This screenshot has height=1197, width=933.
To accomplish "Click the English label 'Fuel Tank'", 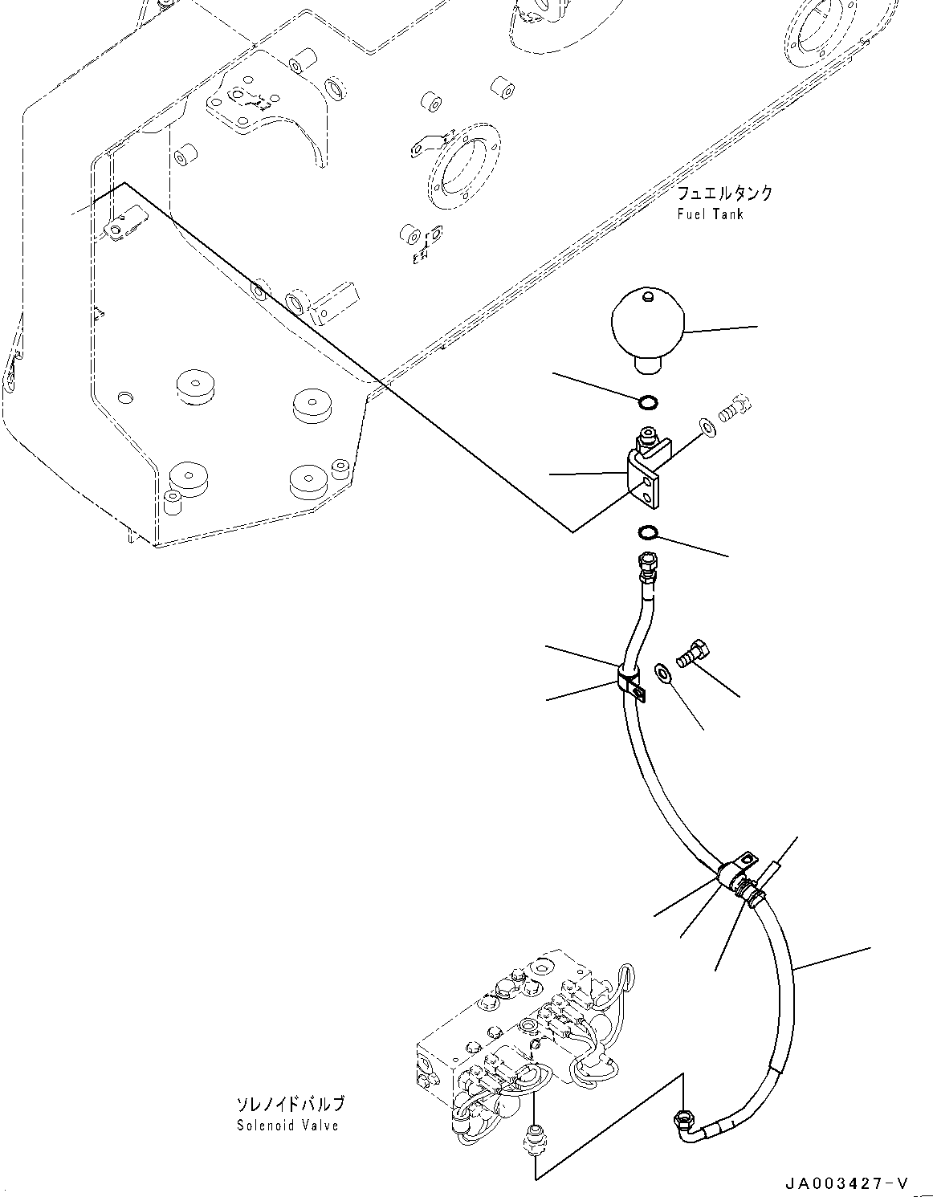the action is point(710,214).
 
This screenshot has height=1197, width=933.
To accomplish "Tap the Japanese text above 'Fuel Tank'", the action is point(724,193).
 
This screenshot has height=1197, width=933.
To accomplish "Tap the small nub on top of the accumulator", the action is point(648,297).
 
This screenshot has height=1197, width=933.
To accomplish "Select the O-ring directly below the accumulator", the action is point(648,403).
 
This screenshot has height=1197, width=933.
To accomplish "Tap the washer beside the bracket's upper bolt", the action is point(707,428).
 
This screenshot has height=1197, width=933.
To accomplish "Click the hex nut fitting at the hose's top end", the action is point(646,566).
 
